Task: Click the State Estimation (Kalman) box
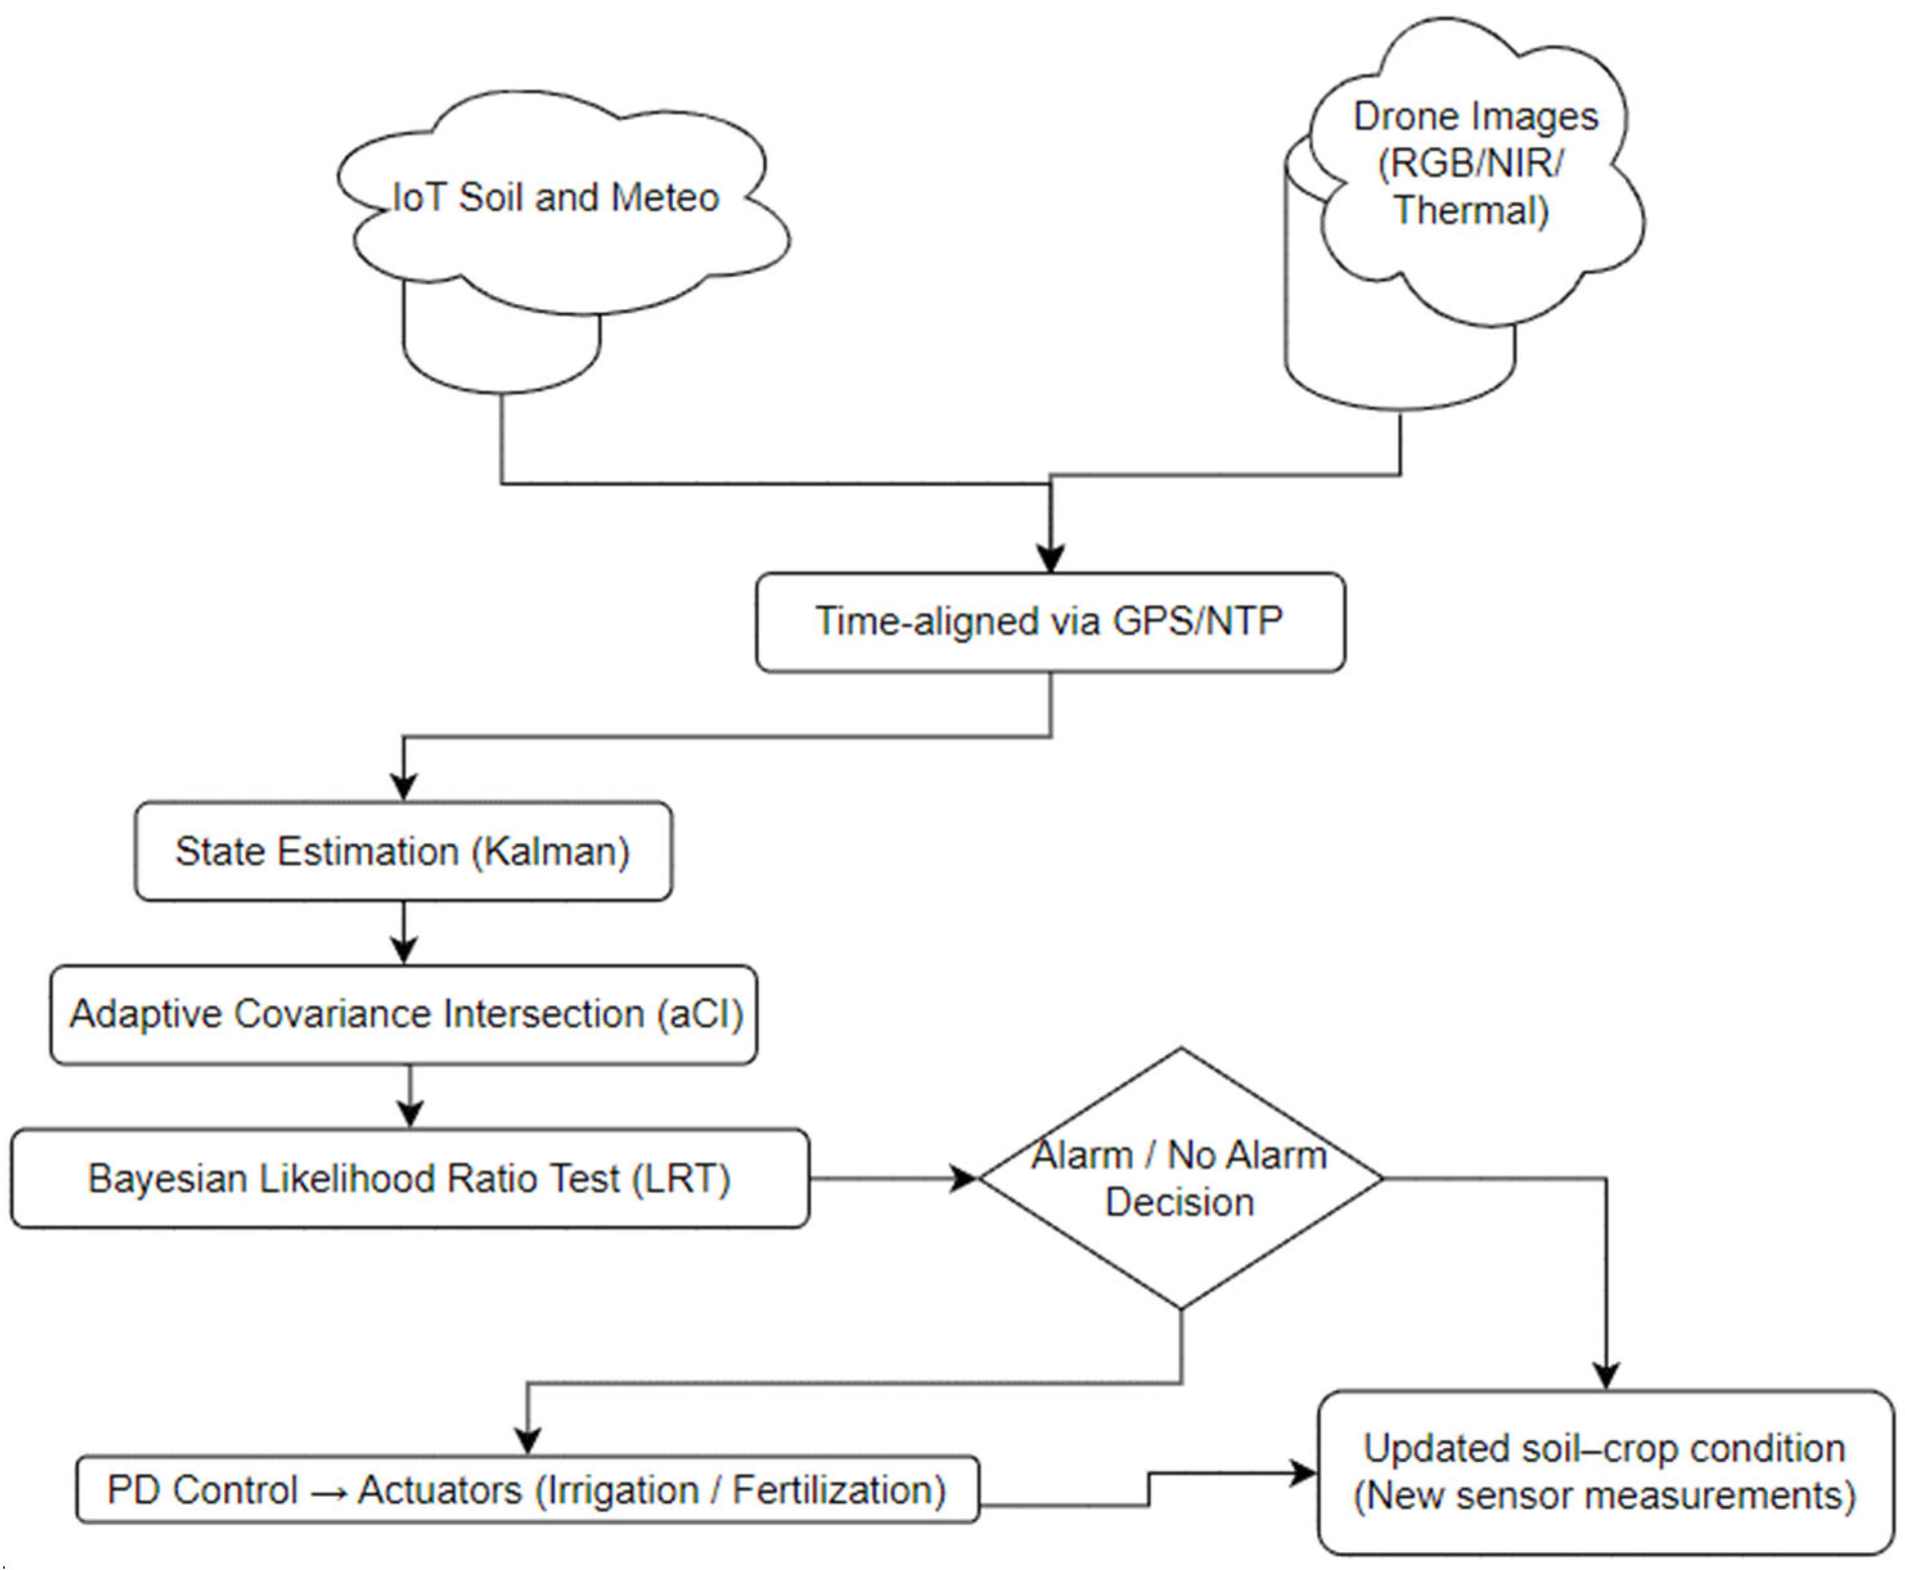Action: point(403,851)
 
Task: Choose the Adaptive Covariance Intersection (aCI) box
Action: point(404,1014)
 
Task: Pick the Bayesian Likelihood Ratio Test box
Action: point(409,1179)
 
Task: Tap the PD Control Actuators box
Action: point(527,1490)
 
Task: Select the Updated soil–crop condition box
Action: point(1605,1472)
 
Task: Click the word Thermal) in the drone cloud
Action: point(1472,211)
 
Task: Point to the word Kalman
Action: point(553,851)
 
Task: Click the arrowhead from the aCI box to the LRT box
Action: point(411,1114)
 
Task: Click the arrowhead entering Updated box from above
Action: point(1606,1375)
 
